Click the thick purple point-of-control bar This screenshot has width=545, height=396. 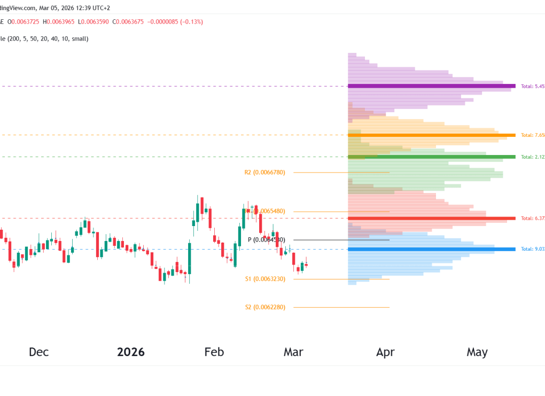[x=431, y=86]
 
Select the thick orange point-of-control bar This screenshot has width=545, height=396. [x=431, y=135]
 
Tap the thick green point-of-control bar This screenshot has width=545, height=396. [x=431, y=157]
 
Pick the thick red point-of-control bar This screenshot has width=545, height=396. [x=431, y=219]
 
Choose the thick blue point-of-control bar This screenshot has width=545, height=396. [x=431, y=250]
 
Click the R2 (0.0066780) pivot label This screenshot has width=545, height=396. [x=264, y=173]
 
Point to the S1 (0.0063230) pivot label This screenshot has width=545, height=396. [x=265, y=279]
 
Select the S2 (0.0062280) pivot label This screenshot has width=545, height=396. [x=265, y=307]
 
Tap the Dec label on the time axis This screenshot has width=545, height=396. [x=38, y=352]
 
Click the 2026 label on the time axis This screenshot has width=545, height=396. [x=131, y=352]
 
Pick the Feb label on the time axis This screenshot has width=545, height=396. [x=214, y=352]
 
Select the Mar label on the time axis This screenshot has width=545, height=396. [x=293, y=352]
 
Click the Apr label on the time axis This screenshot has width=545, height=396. [x=385, y=352]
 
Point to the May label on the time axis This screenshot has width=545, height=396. [x=477, y=352]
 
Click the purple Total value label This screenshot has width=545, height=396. [x=533, y=86]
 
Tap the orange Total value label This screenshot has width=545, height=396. [x=533, y=135]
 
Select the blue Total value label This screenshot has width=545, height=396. [x=533, y=250]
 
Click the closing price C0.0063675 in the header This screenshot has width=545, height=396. [x=124, y=22]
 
